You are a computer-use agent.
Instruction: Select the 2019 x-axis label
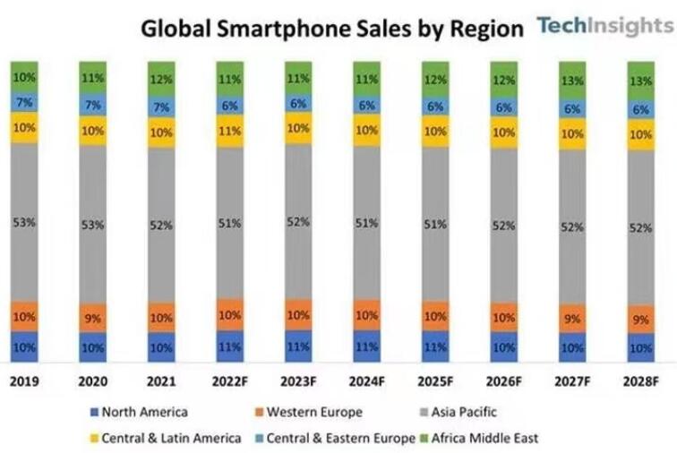[x=24, y=380]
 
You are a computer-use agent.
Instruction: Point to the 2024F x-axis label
[x=367, y=380]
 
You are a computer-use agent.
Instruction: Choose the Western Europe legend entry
[x=313, y=412]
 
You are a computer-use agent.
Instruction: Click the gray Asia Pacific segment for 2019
[x=24, y=221]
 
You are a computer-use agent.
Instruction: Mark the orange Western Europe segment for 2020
[x=93, y=317]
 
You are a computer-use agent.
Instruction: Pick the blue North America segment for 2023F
[x=298, y=346]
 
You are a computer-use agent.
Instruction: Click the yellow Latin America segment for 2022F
[x=230, y=131]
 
